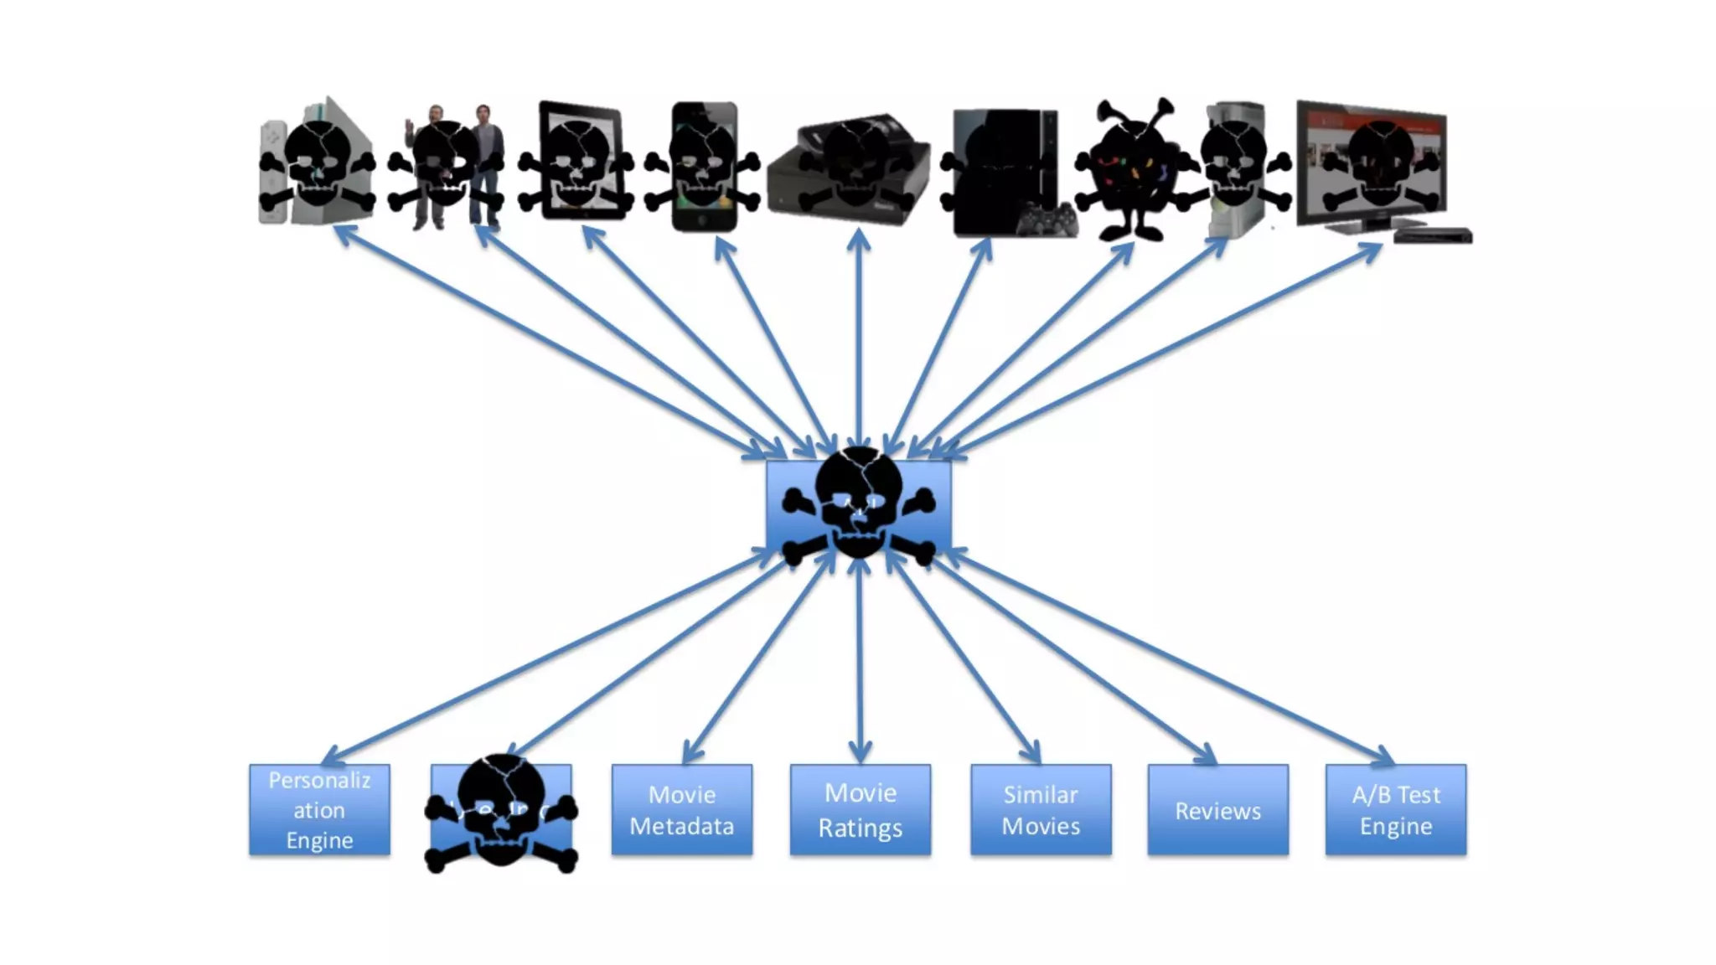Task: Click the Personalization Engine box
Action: pyautogui.click(x=319, y=809)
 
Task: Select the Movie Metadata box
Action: pyautogui.click(x=681, y=809)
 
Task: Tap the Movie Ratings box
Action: pyautogui.click(x=860, y=809)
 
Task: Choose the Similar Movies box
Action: pyautogui.click(x=1041, y=809)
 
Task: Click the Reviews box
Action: pyautogui.click(x=1217, y=809)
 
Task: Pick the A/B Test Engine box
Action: pyautogui.click(x=1395, y=809)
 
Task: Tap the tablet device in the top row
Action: pyautogui.click(x=578, y=159)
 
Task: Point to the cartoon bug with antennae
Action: pyautogui.click(x=1131, y=168)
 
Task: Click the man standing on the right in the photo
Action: pyautogui.click(x=486, y=163)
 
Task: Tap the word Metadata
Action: pyautogui.click(x=681, y=826)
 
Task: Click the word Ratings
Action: pyautogui.click(x=860, y=828)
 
